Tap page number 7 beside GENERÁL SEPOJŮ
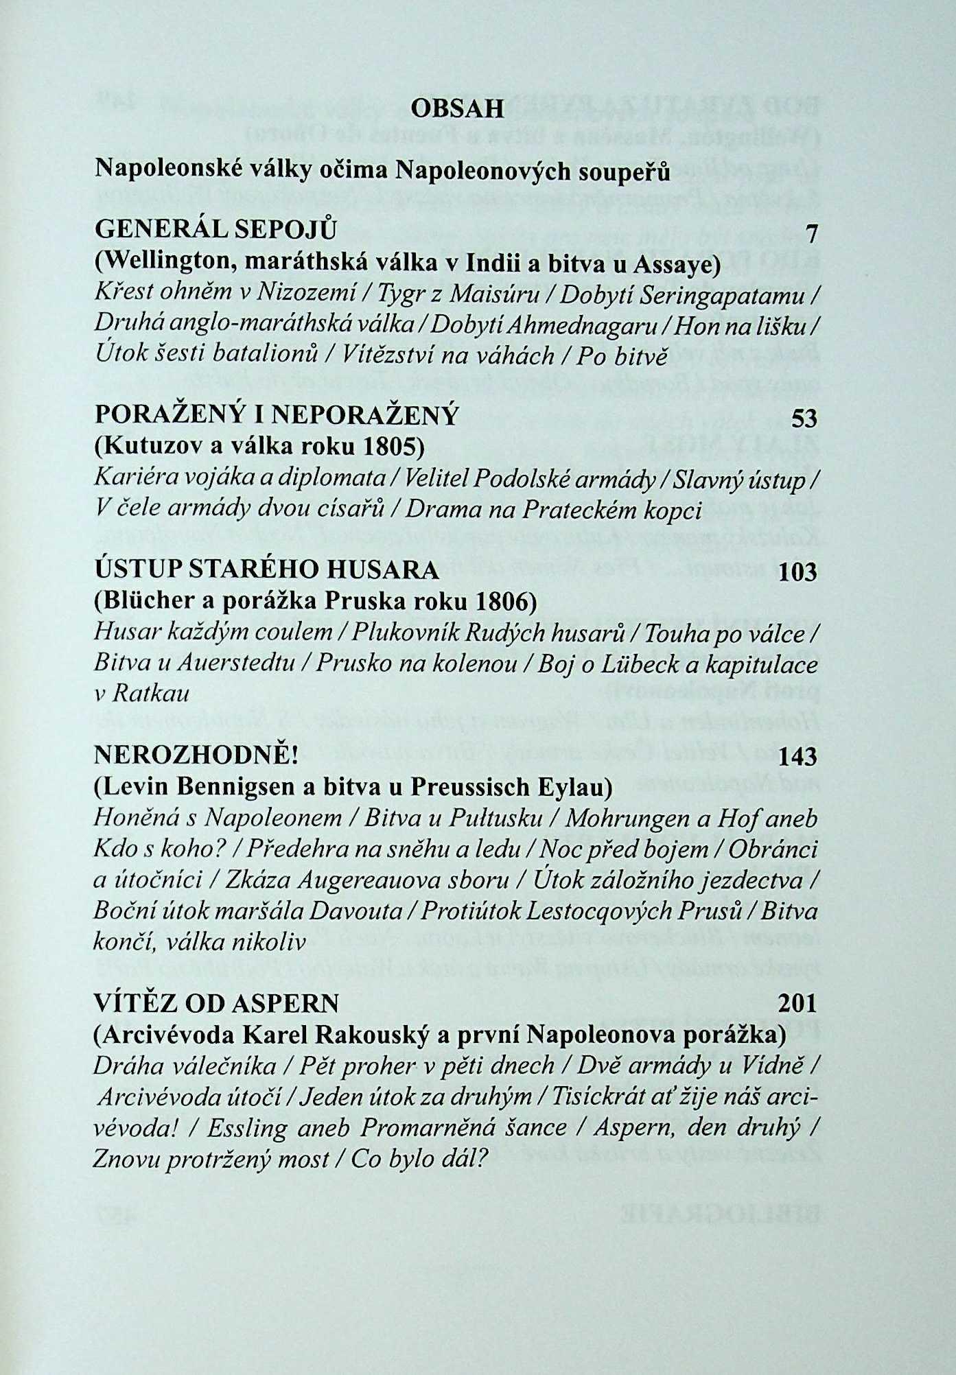812,235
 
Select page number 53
804,418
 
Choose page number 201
798,1004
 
